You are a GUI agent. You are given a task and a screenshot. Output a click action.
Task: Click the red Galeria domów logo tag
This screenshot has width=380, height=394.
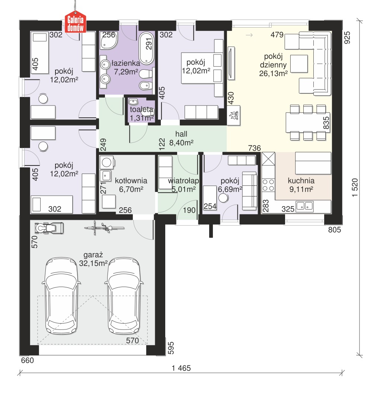coord(76,23)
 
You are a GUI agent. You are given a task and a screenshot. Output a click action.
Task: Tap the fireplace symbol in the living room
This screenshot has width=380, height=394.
coord(234,115)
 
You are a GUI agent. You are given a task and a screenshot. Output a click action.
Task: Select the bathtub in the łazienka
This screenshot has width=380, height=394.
coord(146,48)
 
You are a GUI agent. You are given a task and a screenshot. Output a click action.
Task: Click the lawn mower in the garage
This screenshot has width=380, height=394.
coord(49,228)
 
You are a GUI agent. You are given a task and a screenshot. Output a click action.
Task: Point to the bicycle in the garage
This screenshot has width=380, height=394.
coord(104,228)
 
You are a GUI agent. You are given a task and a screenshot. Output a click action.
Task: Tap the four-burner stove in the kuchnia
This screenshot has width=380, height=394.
coord(268,185)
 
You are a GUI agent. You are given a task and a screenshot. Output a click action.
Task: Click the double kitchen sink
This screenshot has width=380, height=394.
coord(304,206)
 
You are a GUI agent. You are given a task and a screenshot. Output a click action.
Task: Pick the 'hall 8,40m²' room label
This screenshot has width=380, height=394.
coord(181,138)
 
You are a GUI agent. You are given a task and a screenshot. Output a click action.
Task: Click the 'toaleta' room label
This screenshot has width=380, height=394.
coord(141,110)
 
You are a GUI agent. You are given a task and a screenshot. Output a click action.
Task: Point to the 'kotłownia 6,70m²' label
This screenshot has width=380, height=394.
coord(131,185)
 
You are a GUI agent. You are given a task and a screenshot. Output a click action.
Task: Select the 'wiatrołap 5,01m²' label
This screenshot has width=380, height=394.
coord(183,185)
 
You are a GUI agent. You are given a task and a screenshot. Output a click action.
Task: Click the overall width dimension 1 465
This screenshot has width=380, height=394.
coord(181,368)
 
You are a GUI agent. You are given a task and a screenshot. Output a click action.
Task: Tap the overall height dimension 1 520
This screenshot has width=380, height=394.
coord(355,187)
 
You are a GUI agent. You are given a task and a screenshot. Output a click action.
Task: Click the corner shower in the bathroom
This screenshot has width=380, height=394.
coord(109,40)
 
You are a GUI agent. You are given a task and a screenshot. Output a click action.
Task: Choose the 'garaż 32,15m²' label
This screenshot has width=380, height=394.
coord(93,259)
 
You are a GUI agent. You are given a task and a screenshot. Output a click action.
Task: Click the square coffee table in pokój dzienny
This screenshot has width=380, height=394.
coord(299,64)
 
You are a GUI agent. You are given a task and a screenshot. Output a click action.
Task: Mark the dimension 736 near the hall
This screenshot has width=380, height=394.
coord(254,148)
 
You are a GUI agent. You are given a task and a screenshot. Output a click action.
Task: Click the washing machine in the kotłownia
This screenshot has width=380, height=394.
coord(107,163)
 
